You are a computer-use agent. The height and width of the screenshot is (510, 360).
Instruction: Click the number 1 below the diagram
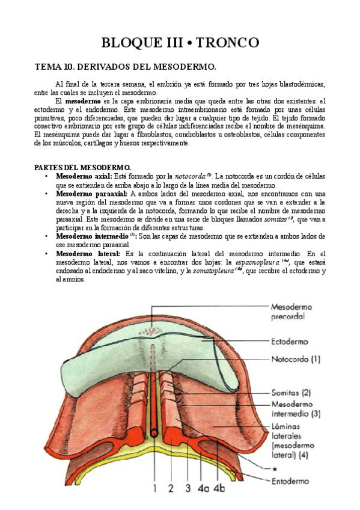(154, 488)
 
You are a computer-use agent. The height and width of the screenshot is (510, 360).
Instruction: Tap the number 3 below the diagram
(188, 488)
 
